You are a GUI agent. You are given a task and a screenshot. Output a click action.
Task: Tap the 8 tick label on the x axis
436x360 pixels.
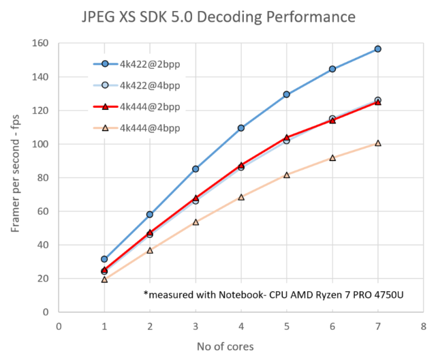tap(423, 325)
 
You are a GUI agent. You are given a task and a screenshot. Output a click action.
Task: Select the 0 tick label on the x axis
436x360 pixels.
tap(59, 325)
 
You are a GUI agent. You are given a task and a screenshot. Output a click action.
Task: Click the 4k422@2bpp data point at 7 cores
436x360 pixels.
tap(377, 49)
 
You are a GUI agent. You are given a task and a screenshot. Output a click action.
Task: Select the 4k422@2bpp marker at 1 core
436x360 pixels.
tap(104, 259)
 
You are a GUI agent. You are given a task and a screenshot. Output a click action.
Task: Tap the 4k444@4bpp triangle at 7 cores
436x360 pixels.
tap(377, 143)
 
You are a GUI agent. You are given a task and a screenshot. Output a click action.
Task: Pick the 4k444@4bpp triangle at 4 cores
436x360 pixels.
tap(241, 197)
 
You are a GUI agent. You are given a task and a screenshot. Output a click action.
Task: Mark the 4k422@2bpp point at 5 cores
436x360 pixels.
tap(286, 94)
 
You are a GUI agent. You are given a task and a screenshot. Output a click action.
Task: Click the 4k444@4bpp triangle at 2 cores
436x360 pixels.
tap(150, 250)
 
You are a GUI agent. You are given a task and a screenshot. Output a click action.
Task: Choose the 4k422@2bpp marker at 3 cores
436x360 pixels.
tap(196, 168)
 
